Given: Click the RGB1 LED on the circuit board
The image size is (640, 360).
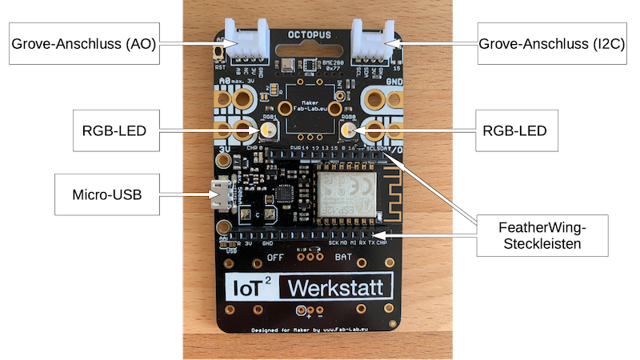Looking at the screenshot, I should pyautogui.click(x=266, y=129).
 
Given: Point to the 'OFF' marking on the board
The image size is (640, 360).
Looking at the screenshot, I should pyautogui.click(x=275, y=258).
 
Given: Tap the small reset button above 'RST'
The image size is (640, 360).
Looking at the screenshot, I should pyautogui.click(x=220, y=53).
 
